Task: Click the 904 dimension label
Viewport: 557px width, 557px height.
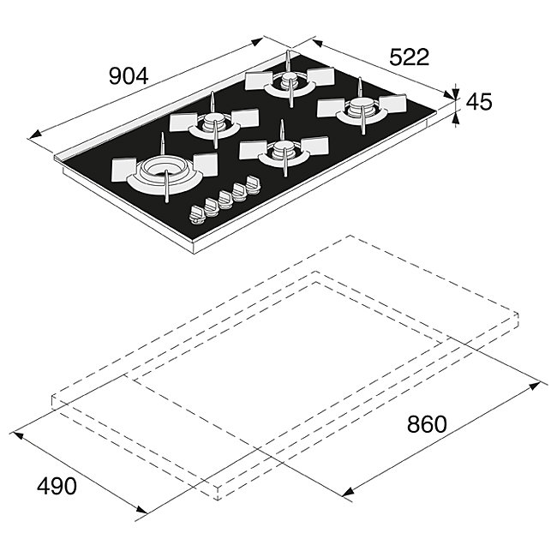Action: coord(128,76)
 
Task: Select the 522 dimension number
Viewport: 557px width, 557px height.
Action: coord(410,57)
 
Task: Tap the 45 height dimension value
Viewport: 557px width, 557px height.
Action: coord(478,102)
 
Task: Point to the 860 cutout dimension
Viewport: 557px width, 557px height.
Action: coord(426,424)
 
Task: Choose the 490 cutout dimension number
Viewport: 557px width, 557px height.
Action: coord(57,486)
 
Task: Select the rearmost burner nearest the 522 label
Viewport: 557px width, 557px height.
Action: coord(290,81)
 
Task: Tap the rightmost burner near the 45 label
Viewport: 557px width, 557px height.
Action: coord(362,108)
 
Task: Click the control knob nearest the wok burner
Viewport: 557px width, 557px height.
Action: coord(197,215)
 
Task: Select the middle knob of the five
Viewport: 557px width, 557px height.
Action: coord(225,200)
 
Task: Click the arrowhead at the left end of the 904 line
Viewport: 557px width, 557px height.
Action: coord(34,135)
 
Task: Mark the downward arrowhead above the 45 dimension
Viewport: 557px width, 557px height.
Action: coord(455,94)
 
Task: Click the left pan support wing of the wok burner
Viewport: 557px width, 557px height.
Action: coord(123,170)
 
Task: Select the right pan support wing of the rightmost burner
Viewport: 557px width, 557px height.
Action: coord(392,104)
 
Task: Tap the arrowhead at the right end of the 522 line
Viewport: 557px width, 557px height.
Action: coord(449,94)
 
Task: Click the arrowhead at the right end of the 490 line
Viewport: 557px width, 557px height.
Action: coord(141,509)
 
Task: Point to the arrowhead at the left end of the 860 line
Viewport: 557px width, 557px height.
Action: coord(348,492)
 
